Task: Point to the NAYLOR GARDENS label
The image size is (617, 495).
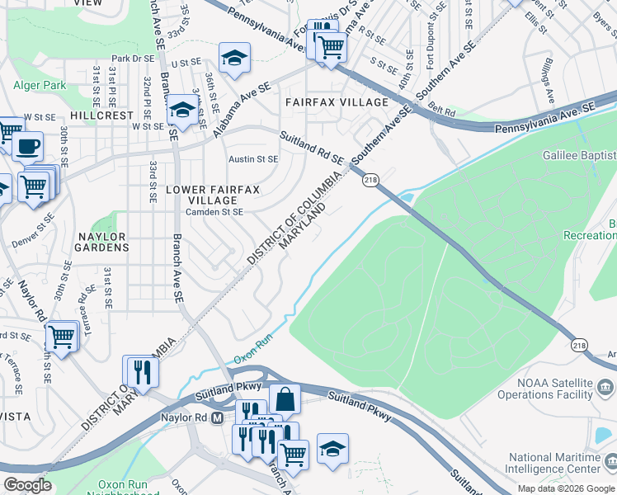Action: pos(101,243)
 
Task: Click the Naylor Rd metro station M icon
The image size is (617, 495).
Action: pos(217,418)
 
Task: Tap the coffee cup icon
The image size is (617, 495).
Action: pos(26,146)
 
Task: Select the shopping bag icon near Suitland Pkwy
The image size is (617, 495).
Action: pos(285,398)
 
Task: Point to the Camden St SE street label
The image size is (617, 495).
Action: pos(214,212)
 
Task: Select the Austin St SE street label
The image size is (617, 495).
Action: pos(253,159)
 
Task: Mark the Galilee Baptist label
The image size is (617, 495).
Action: pos(578,155)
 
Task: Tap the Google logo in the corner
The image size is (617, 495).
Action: pos(27,486)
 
